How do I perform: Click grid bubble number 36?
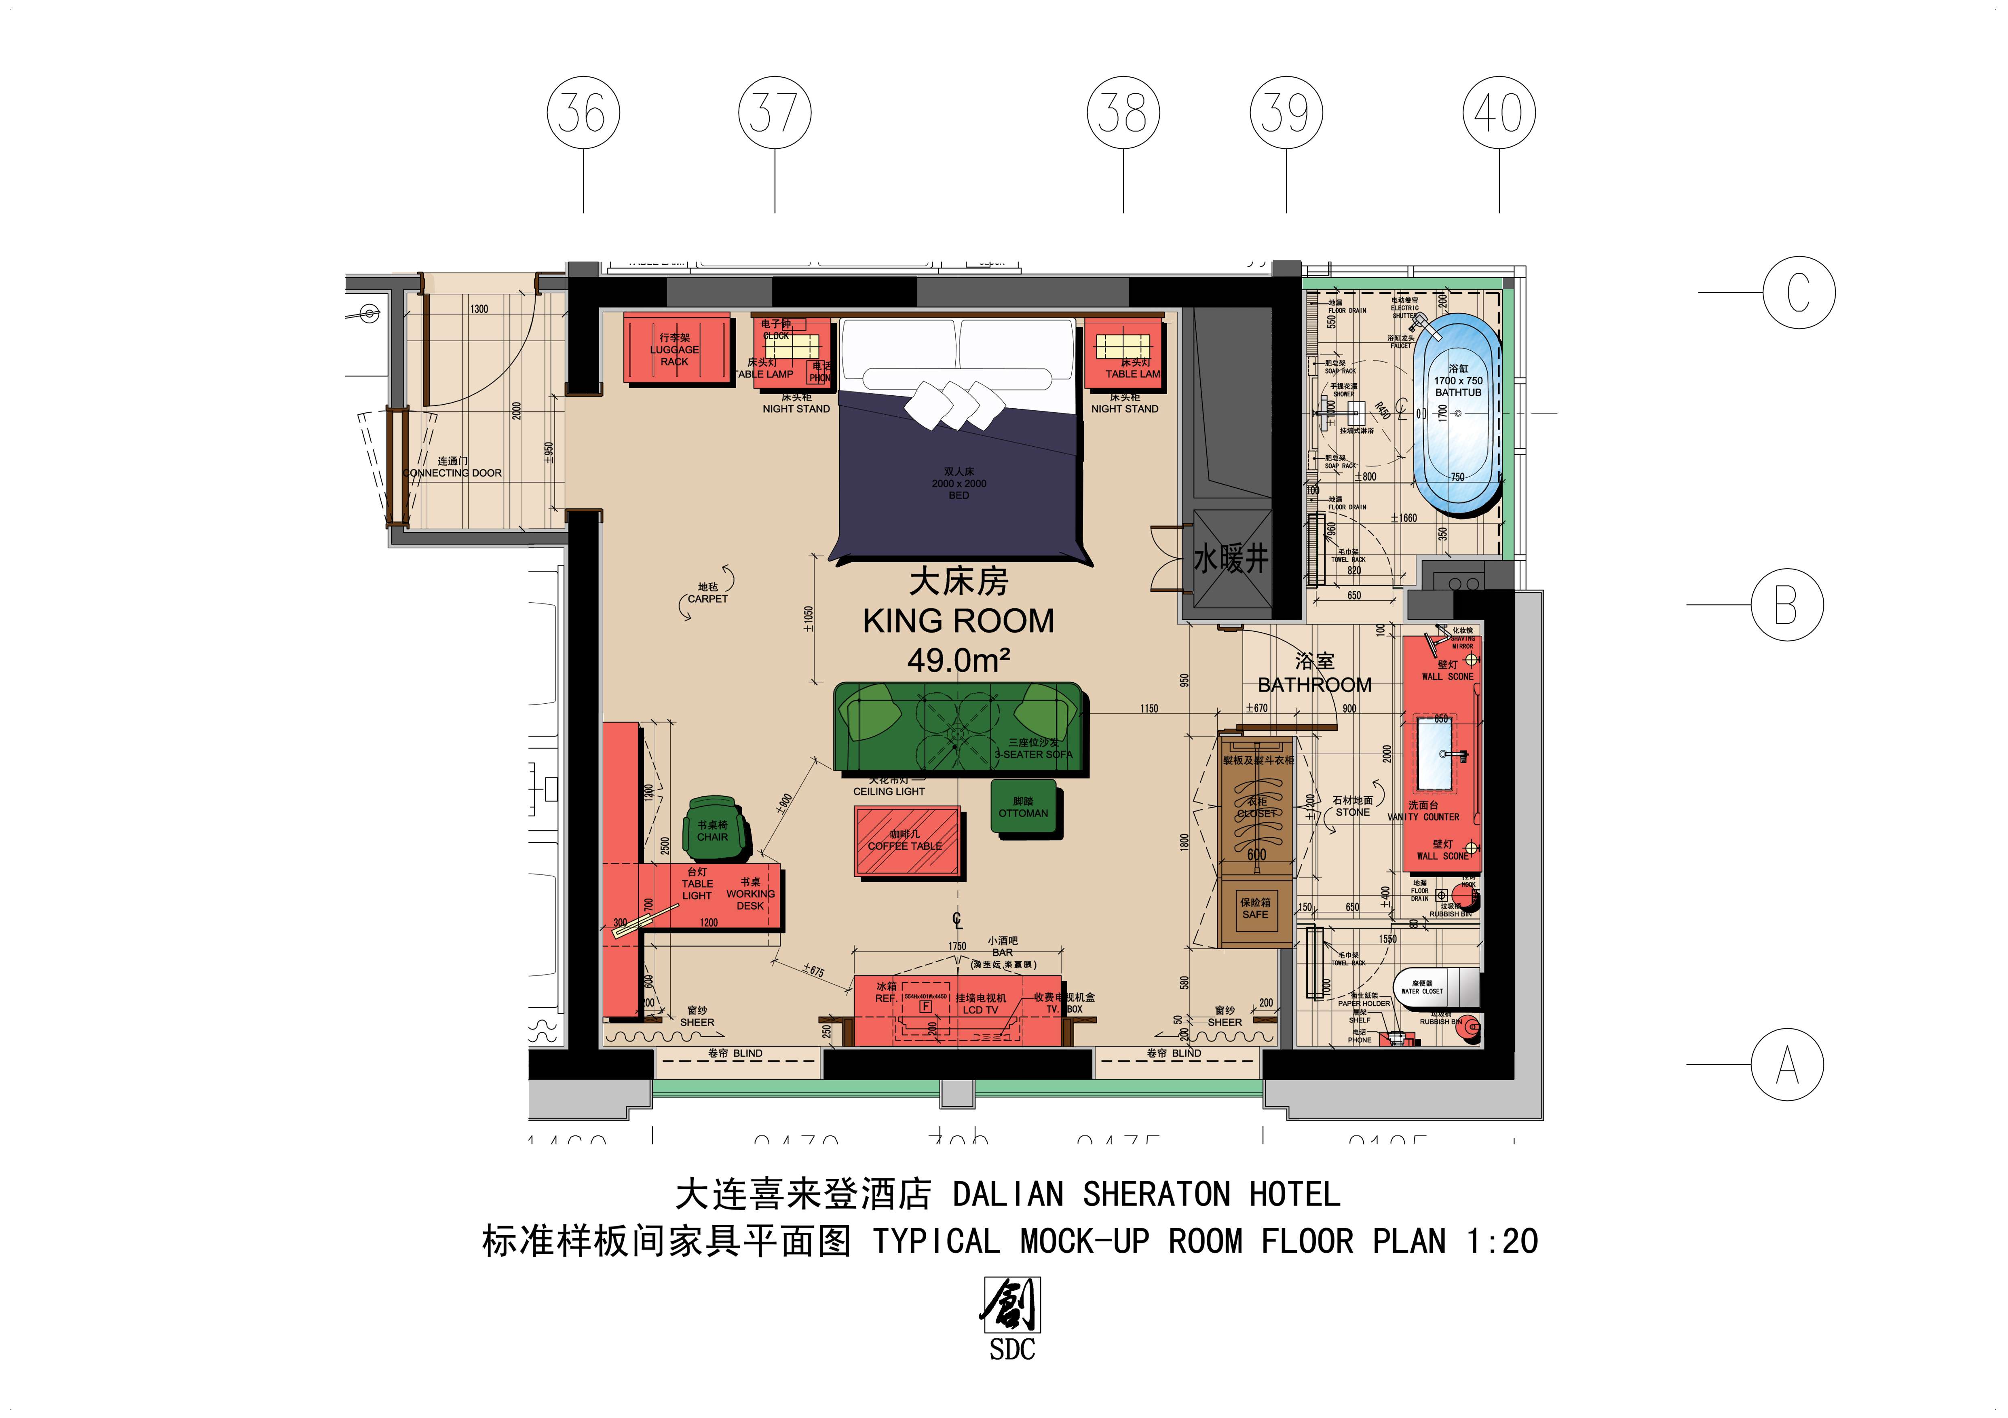583,113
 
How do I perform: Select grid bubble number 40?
1499,113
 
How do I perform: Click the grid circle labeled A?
1787,1064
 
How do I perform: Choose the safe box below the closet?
1255,909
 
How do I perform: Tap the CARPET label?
707,599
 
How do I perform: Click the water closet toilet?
1434,989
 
